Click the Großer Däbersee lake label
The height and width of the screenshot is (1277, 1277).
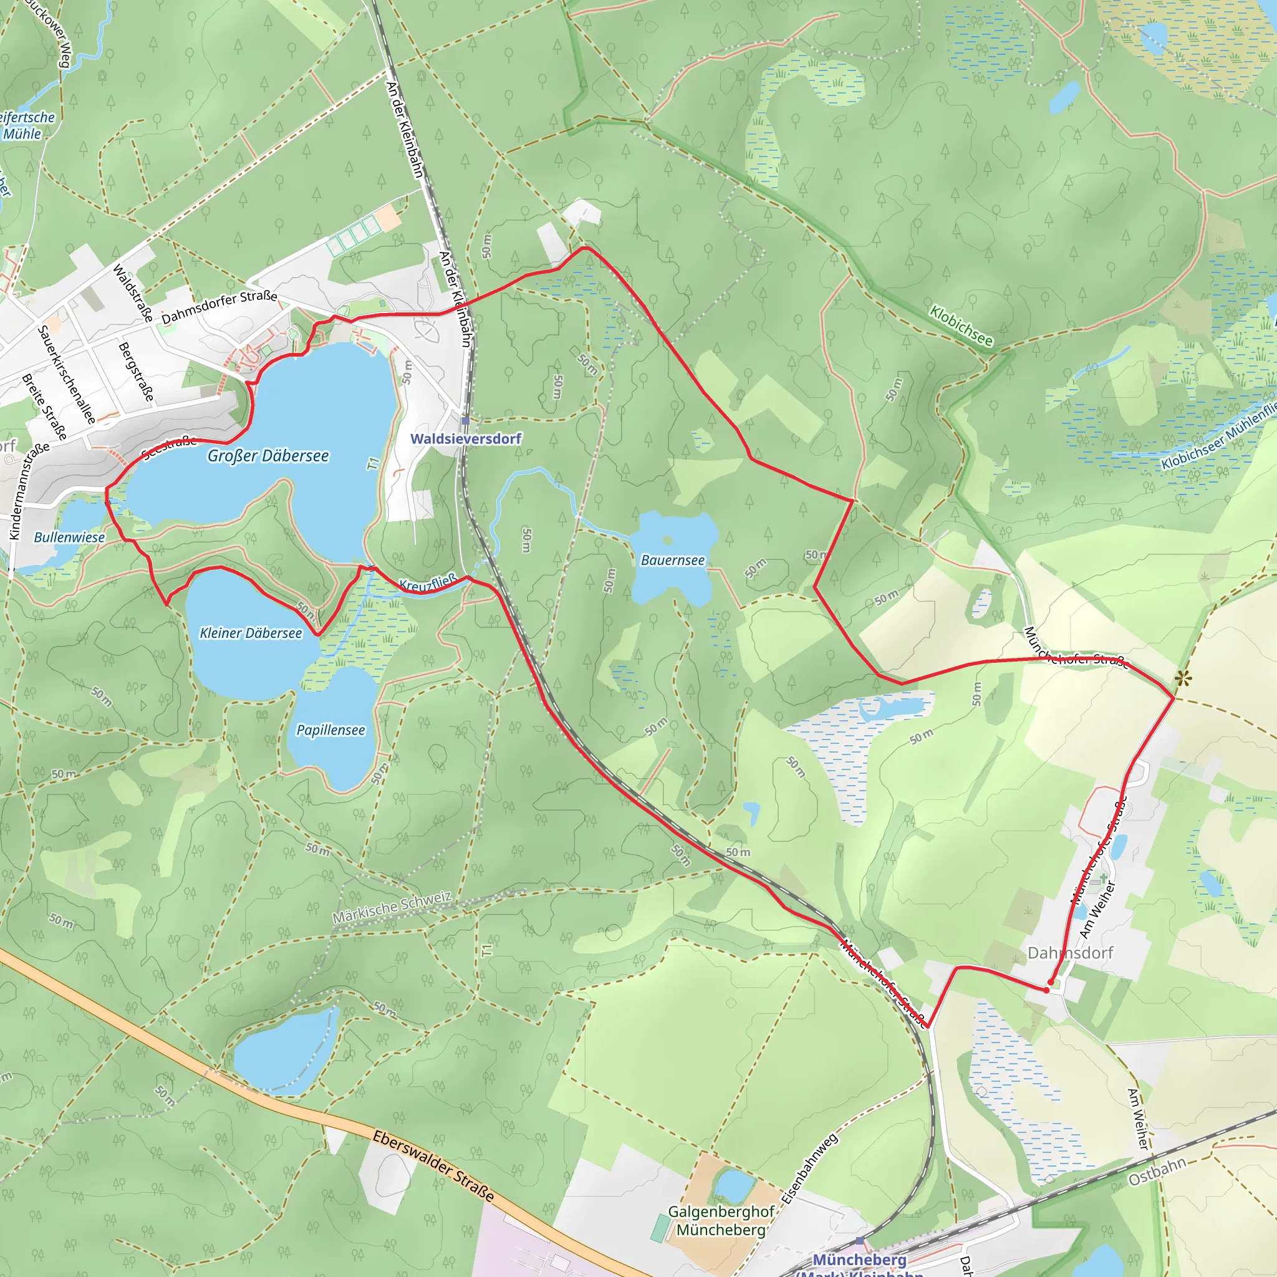[x=267, y=456]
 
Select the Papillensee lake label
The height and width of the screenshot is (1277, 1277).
[x=330, y=730]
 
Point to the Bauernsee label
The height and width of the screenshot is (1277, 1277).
[x=673, y=561]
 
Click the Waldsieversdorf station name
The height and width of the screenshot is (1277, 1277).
[x=466, y=439]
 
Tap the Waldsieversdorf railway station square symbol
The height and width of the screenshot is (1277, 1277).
[x=465, y=420]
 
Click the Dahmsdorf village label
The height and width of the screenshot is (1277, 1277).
[x=1070, y=953]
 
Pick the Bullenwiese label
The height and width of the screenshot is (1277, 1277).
[x=69, y=537]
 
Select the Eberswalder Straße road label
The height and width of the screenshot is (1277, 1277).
[x=433, y=1166]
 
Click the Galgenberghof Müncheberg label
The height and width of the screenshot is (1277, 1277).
[x=721, y=1221]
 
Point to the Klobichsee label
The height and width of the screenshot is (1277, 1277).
[x=961, y=325]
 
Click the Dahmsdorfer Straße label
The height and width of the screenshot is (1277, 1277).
[x=219, y=306]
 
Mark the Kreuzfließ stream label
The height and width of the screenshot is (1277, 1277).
[x=428, y=583]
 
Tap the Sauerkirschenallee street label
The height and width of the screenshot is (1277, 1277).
[x=66, y=374]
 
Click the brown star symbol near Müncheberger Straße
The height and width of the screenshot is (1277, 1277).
[x=1182, y=678]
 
